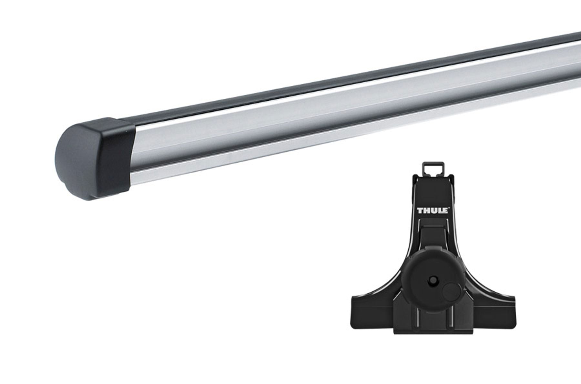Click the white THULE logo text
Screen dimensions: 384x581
click(432, 211)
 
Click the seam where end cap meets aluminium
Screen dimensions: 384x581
click(132, 155)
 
